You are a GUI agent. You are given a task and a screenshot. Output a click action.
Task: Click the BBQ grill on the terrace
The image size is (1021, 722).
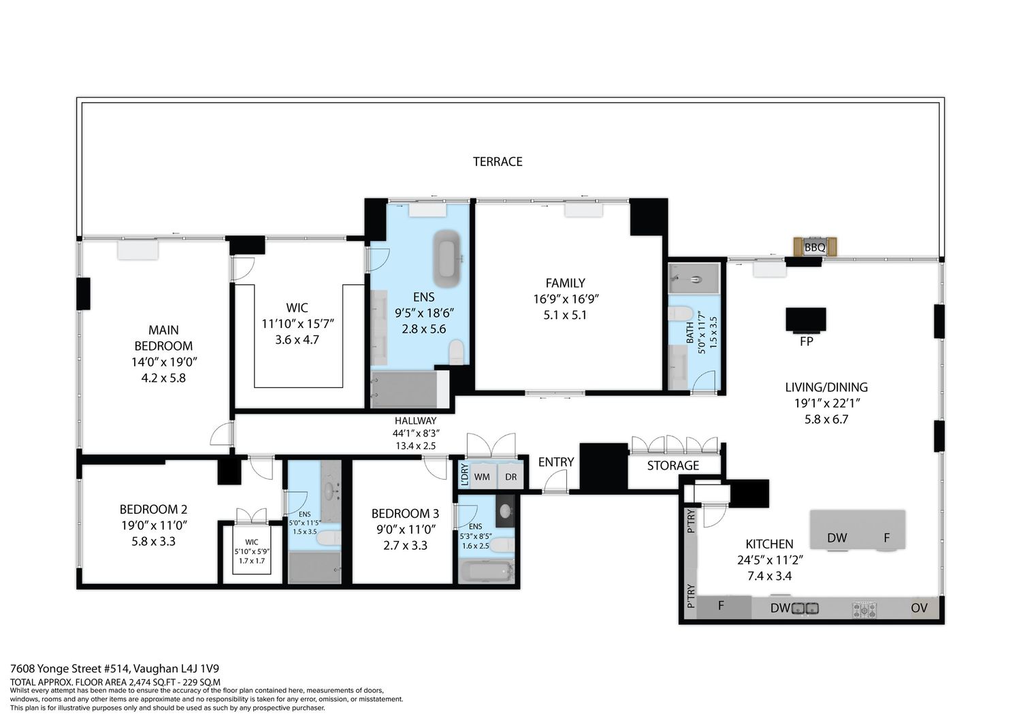(x=815, y=247)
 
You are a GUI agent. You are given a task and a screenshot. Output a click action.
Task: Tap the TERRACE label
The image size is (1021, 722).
(x=498, y=162)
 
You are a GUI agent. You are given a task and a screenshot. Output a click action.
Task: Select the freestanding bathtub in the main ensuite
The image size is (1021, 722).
(x=447, y=259)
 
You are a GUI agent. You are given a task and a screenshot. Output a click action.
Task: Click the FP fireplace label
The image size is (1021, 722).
(x=807, y=342)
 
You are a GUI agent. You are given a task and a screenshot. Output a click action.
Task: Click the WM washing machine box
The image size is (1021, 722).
(x=482, y=477)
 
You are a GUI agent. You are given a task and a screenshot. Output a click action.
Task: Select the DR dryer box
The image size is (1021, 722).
(x=510, y=477)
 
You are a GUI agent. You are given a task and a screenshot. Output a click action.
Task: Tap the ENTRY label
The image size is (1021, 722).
(x=555, y=462)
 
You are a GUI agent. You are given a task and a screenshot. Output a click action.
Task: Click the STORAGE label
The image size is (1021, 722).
(x=672, y=465)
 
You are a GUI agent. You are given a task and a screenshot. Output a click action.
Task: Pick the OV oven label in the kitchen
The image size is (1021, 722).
(x=919, y=608)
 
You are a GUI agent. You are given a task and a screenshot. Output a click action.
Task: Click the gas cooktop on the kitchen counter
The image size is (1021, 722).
(x=864, y=610)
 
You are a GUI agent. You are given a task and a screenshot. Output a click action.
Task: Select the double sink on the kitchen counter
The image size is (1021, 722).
(x=805, y=608)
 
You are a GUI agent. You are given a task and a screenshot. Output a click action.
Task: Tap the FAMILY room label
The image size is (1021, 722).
(x=565, y=283)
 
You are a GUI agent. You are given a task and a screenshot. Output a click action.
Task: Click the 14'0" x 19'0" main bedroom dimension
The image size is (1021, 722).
(x=163, y=362)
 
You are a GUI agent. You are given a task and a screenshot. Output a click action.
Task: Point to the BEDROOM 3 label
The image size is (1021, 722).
(x=405, y=514)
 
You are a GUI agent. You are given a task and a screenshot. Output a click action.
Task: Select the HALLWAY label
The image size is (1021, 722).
(x=415, y=421)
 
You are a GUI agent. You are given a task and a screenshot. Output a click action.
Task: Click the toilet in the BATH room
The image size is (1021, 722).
(x=681, y=314)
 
